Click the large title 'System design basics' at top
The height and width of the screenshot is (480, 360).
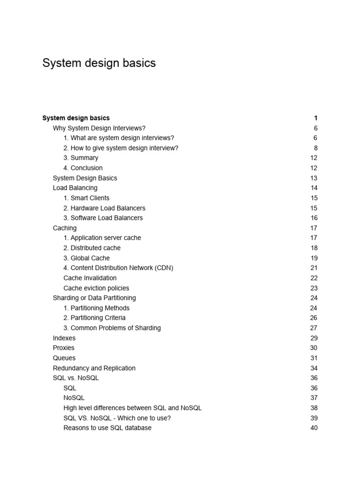click(x=99, y=63)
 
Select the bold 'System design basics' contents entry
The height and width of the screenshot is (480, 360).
click(x=76, y=118)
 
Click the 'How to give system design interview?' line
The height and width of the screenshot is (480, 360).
click(x=121, y=148)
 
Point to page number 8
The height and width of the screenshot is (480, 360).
click(x=315, y=148)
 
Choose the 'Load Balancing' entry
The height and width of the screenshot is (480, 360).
click(x=75, y=188)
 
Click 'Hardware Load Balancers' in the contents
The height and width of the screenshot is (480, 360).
click(x=104, y=208)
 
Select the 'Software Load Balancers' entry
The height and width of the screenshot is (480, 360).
click(x=103, y=218)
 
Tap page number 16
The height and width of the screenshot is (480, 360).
click(x=314, y=218)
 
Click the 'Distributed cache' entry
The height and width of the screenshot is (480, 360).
click(x=92, y=248)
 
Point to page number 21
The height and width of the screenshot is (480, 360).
click(x=314, y=268)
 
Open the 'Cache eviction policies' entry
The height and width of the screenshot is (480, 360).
click(x=96, y=288)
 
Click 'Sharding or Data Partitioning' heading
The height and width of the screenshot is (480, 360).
click(x=94, y=298)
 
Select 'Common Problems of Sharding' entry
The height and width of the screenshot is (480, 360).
click(x=112, y=328)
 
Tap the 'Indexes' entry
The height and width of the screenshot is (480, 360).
click(x=64, y=338)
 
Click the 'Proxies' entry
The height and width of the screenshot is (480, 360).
click(x=64, y=348)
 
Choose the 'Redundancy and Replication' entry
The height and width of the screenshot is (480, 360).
click(x=94, y=368)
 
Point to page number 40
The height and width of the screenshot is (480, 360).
click(x=314, y=428)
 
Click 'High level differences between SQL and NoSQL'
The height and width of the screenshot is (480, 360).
click(x=132, y=408)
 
